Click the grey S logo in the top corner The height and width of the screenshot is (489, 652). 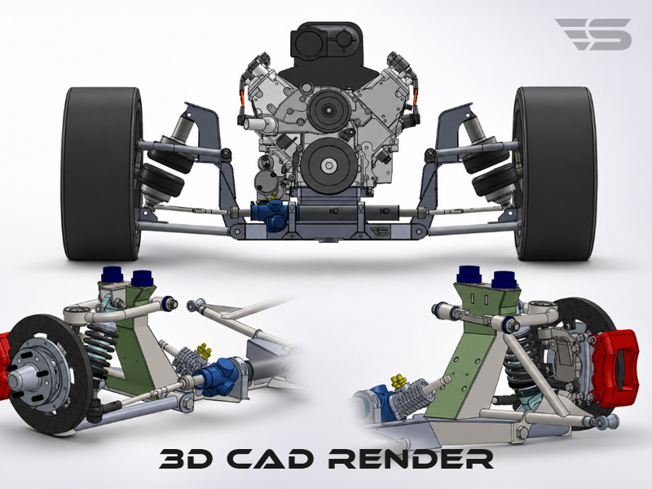point(594,33)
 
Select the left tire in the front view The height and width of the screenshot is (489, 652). point(102,174)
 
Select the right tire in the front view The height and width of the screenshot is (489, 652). point(554,174)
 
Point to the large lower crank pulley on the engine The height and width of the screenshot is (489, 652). point(329,165)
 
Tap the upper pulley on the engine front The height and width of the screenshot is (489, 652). point(328,110)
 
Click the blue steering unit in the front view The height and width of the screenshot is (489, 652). point(271,214)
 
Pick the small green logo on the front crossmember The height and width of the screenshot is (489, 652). point(379,231)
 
